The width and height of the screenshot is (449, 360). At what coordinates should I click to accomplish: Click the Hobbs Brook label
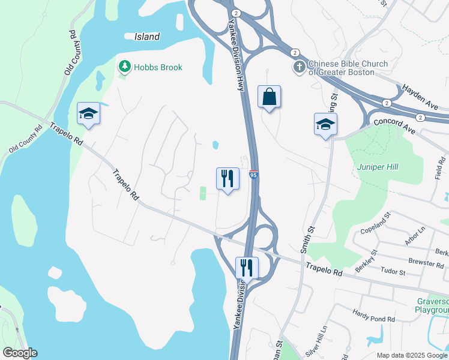coord(158,67)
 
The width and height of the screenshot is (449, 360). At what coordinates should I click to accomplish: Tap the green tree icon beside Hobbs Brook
coord(125,67)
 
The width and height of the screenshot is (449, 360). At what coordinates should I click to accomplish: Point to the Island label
coord(147,37)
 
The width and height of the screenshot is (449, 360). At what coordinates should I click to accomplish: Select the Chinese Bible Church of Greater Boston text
coord(348,68)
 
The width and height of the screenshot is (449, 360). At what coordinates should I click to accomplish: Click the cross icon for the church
coord(299,67)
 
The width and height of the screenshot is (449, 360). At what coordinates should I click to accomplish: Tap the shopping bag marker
coord(270,97)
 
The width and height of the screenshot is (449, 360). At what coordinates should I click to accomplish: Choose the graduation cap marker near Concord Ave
coord(325,124)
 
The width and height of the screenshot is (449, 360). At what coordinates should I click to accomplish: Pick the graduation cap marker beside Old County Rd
coord(88,113)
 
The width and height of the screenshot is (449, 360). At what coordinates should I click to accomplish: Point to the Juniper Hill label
coord(378,167)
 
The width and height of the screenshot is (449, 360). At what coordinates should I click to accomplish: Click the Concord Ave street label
coord(394,122)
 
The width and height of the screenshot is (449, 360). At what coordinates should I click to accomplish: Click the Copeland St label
coord(375,223)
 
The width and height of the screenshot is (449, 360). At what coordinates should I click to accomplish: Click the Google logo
coord(20,353)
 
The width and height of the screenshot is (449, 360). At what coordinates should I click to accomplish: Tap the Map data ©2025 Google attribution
coord(412,355)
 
